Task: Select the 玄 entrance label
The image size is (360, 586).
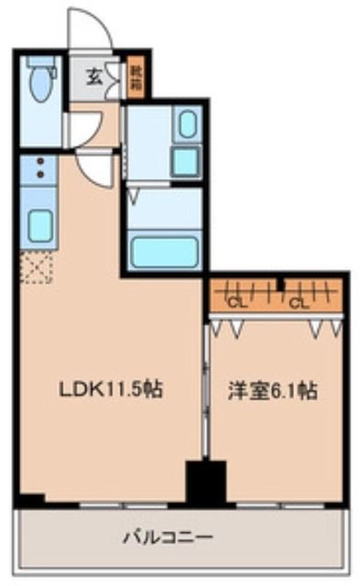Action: pos(94,77)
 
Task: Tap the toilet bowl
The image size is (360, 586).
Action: pos(41,88)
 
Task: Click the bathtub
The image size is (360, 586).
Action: pos(165,250)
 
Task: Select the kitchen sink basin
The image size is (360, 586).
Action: pos(39,223)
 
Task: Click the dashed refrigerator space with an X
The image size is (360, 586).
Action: pos(37,268)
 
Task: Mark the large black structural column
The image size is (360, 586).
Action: pos(205,482)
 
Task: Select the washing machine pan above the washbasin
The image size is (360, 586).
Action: pos(186,125)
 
